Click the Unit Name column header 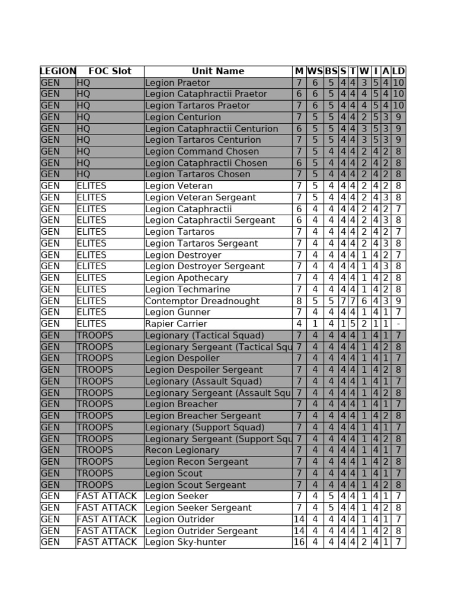pyautogui.click(x=217, y=71)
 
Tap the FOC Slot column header pyautogui.click(x=110, y=71)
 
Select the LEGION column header pyautogui.click(x=57, y=71)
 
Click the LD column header pyautogui.click(x=399, y=71)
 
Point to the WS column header pyautogui.click(x=315, y=71)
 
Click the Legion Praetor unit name pyautogui.click(x=177, y=83)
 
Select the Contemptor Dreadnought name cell pyautogui.click(x=202, y=301)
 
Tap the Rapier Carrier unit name pyautogui.click(x=176, y=324)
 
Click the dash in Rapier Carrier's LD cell pyautogui.click(x=399, y=324)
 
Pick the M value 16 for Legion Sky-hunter pyautogui.click(x=299, y=542)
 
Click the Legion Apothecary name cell pyautogui.click(x=186, y=278)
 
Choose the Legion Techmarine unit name pyautogui.click(x=187, y=289)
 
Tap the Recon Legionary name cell pyautogui.click(x=182, y=450)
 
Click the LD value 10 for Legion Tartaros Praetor pyautogui.click(x=399, y=106)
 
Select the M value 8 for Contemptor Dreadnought pyautogui.click(x=299, y=301)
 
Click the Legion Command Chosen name pyautogui.click(x=202, y=152)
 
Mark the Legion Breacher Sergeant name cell pyautogui.click(x=203, y=416)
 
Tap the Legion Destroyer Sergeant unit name pyautogui.click(x=204, y=266)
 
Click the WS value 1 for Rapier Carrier pyautogui.click(x=315, y=324)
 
